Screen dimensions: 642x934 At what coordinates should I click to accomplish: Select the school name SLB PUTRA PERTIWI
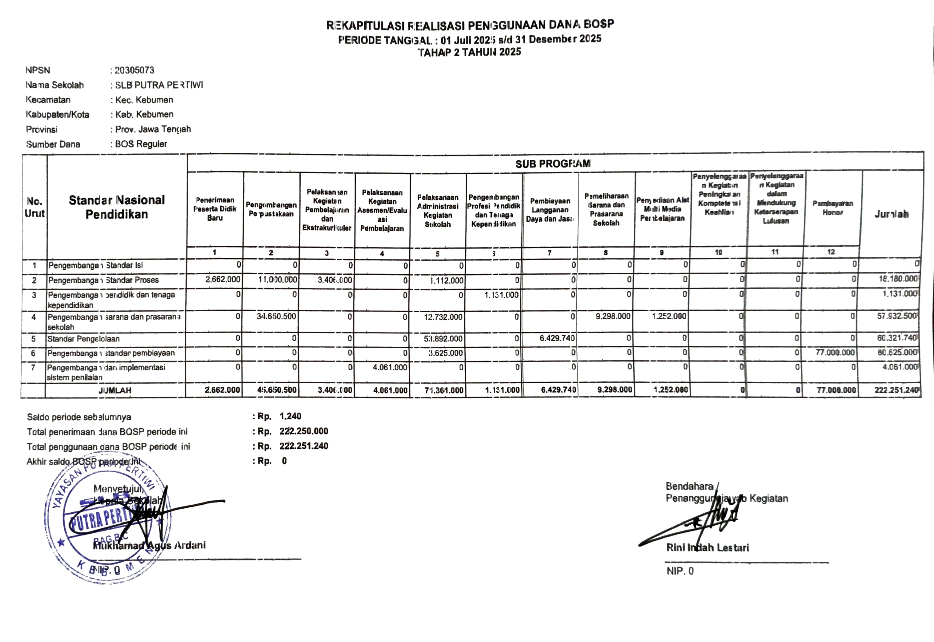[159, 85]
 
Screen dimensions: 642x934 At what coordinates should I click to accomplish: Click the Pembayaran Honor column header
[832, 208]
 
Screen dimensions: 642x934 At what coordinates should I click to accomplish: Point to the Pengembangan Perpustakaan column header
[271, 209]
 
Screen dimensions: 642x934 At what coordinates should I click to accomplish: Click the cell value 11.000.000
[278, 280]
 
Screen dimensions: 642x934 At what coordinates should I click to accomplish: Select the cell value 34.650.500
[277, 317]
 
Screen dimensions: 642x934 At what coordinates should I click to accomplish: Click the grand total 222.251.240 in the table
[896, 390]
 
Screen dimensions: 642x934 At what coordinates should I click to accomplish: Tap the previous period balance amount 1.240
[290, 416]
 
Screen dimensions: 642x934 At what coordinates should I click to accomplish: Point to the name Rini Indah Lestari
[707, 547]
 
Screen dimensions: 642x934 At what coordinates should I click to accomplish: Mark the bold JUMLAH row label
[115, 390]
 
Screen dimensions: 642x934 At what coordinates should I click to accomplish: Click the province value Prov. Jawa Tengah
[153, 129]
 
